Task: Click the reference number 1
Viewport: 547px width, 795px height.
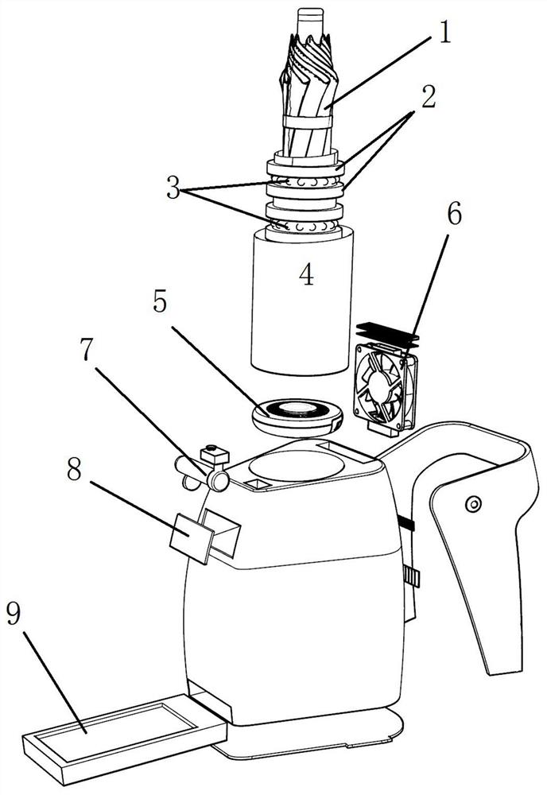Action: click(x=444, y=33)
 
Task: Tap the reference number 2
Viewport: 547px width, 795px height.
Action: click(x=429, y=96)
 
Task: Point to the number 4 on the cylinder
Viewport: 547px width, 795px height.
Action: click(x=306, y=274)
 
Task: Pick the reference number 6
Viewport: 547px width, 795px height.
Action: click(x=454, y=214)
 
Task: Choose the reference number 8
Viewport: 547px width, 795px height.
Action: click(x=74, y=470)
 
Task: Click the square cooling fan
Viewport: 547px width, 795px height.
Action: click(x=386, y=388)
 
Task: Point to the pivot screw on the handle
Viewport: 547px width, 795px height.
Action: click(x=473, y=504)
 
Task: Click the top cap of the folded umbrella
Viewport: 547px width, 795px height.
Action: click(x=310, y=21)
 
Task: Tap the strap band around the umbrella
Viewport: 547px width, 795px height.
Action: click(x=308, y=122)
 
